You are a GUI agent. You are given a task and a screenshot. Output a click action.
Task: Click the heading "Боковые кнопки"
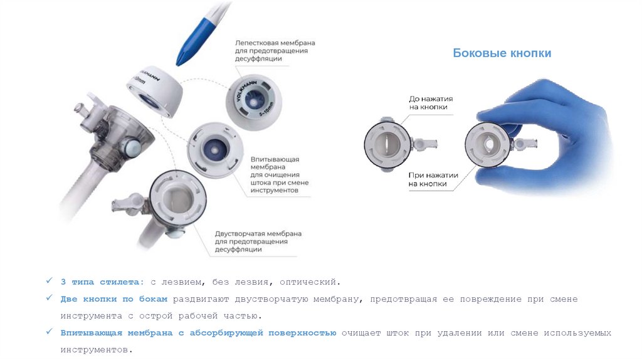[502, 53]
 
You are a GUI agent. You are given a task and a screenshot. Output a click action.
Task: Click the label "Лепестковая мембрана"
[275, 43]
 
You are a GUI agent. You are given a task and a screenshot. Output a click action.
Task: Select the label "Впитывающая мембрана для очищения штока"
[280, 175]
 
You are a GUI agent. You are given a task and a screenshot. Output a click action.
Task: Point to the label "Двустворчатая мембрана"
[258, 233]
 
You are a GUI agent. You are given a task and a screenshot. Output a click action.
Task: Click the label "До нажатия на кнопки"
[431, 103]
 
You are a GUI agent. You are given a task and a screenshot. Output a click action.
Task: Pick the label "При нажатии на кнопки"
[433, 179]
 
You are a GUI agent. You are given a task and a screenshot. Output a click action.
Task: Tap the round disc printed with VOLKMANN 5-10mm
[254, 102]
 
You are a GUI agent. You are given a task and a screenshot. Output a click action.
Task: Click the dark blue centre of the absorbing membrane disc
[214, 149]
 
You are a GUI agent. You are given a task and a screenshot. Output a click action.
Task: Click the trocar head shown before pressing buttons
[387, 145]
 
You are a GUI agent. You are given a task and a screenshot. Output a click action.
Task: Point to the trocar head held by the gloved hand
[488, 145]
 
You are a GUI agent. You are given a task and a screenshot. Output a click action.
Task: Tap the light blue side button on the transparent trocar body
[132, 146]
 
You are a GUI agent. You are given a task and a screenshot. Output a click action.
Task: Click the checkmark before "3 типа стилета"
[49, 280]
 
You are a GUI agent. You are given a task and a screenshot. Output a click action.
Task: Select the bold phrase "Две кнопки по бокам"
[114, 299]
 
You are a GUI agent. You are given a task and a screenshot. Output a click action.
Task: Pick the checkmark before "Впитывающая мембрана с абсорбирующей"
[49, 331]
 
